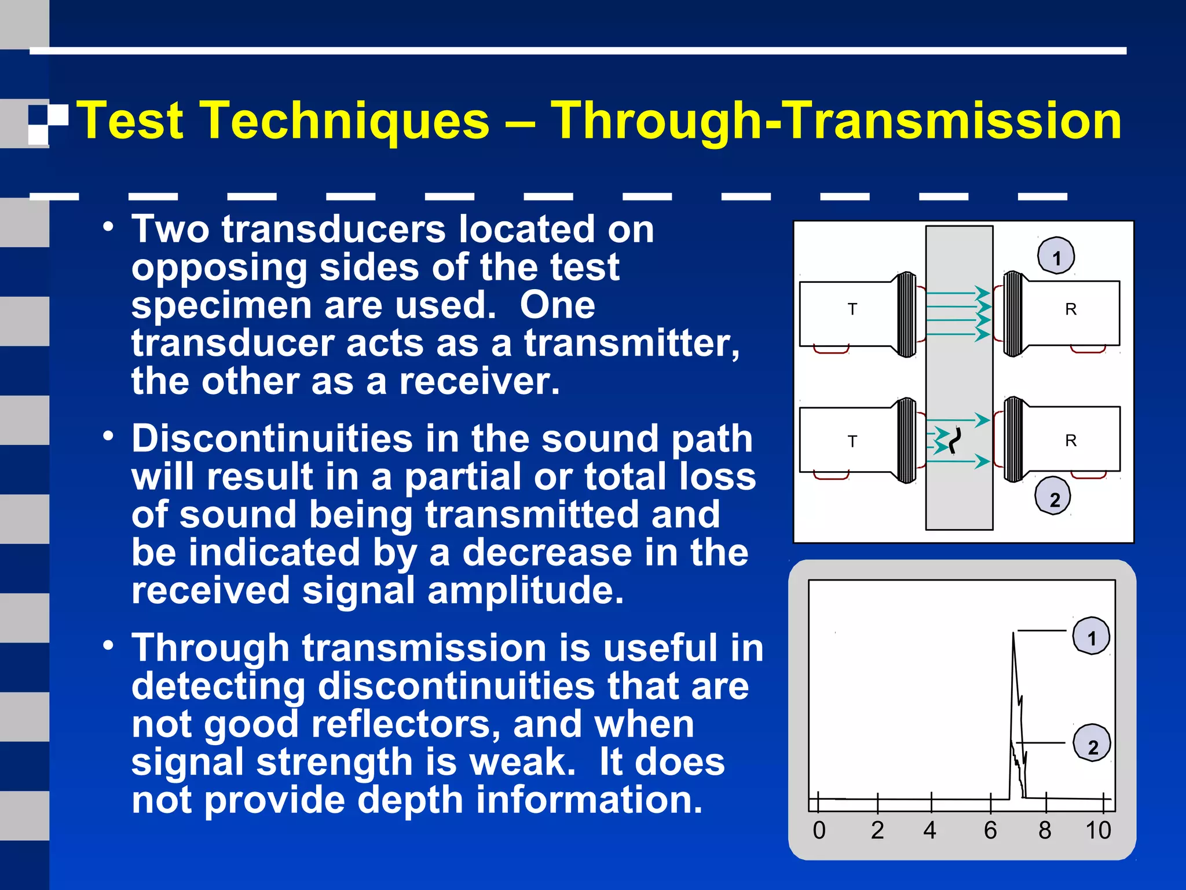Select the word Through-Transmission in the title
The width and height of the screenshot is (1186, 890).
point(836,121)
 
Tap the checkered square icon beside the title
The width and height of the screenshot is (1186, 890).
point(48,123)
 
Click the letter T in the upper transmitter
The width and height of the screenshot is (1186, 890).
point(852,309)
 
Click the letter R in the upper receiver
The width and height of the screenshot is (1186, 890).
point(1071,309)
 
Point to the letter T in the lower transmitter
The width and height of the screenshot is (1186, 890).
point(852,442)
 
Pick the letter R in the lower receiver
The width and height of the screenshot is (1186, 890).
point(1071,441)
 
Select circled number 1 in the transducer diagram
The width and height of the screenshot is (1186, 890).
point(1056,256)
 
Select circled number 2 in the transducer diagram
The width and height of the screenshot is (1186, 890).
point(1053,498)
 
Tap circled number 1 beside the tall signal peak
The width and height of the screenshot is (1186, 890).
point(1092,637)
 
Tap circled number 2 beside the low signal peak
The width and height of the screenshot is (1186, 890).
point(1092,745)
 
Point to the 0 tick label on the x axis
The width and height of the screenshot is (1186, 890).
point(819,830)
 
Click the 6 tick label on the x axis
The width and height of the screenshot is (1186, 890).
point(990,830)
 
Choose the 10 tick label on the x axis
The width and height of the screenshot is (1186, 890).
point(1098,830)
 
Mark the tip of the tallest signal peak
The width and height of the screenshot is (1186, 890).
point(1013,634)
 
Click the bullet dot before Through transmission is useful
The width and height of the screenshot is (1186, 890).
point(108,645)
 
